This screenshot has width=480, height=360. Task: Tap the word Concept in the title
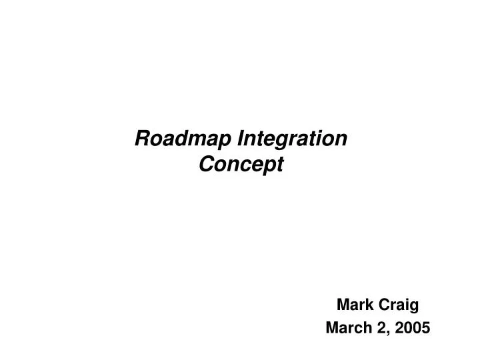pos(241,165)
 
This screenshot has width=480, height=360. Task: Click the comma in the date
pos(387,331)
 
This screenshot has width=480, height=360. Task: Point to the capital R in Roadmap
pos(142,139)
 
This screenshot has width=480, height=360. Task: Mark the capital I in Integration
pos(241,139)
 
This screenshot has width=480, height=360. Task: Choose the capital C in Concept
pos(207,164)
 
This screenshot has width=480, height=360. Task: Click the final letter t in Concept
pos(281,165)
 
